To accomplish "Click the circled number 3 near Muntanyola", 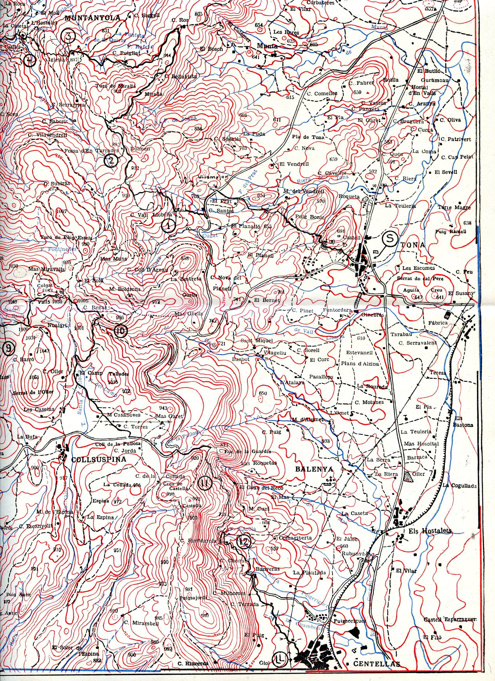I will click(x=69, y=36).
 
